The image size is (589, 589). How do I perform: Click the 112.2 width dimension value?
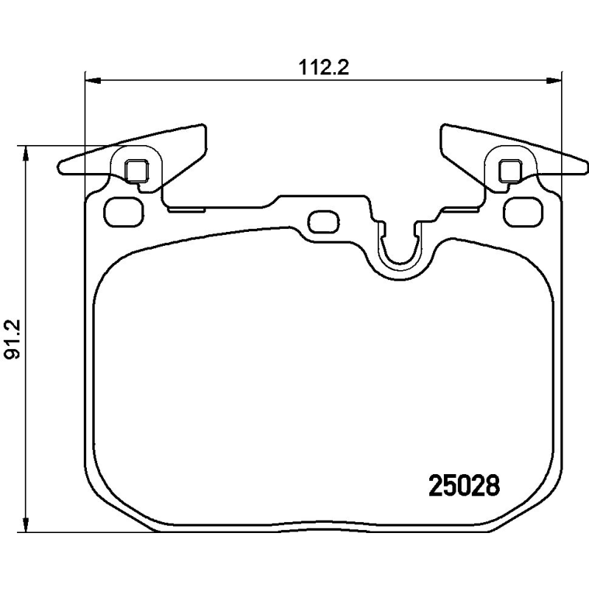pyautogui.click(x=323, y=68)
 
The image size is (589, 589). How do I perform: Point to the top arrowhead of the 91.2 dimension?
pyautogui.click(x=27, y=151)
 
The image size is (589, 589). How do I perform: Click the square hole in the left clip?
pyautogui.click(x=135, y=171)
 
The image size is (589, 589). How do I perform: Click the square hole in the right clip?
pyautogui.click(x=510, y=171)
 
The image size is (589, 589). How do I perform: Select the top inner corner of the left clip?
pyautogui.click(x=202, y=127)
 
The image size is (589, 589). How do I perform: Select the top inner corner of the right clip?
pyautogui.click(x=444, y=127)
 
